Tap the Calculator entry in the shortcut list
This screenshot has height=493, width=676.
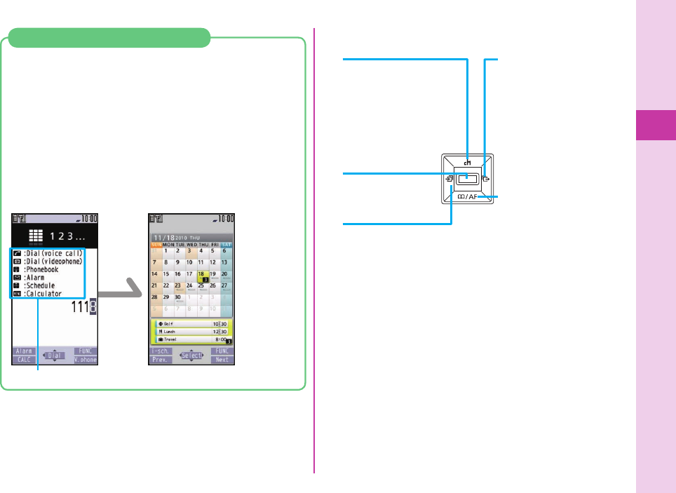[x=46, y=294]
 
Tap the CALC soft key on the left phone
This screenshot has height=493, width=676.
[x=24, y=360]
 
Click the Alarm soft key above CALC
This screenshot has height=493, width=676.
[x=24, y=351]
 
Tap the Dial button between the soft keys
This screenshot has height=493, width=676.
[x=55, y=356]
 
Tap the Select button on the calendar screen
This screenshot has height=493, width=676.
[x=192, y=356]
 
